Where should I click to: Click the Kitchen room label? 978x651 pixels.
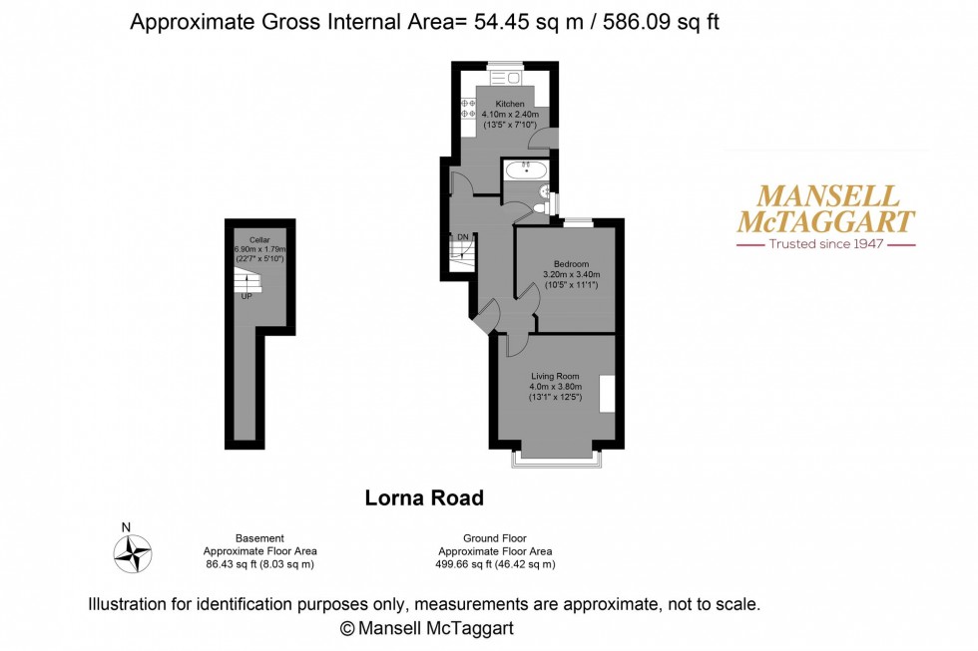point(510,105)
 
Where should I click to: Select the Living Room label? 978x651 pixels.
point(555,376)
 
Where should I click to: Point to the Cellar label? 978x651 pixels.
point(259,240)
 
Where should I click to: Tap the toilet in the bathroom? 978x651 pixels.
point(538,207)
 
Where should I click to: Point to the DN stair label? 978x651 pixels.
point(462,237)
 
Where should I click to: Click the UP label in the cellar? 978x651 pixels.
point(244,296)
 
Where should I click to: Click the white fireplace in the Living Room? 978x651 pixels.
point(605,393)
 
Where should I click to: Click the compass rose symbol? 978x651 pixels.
point(132,553)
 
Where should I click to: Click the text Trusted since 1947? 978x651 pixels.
point(825,244)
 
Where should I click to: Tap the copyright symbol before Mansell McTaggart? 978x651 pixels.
point(347,628)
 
